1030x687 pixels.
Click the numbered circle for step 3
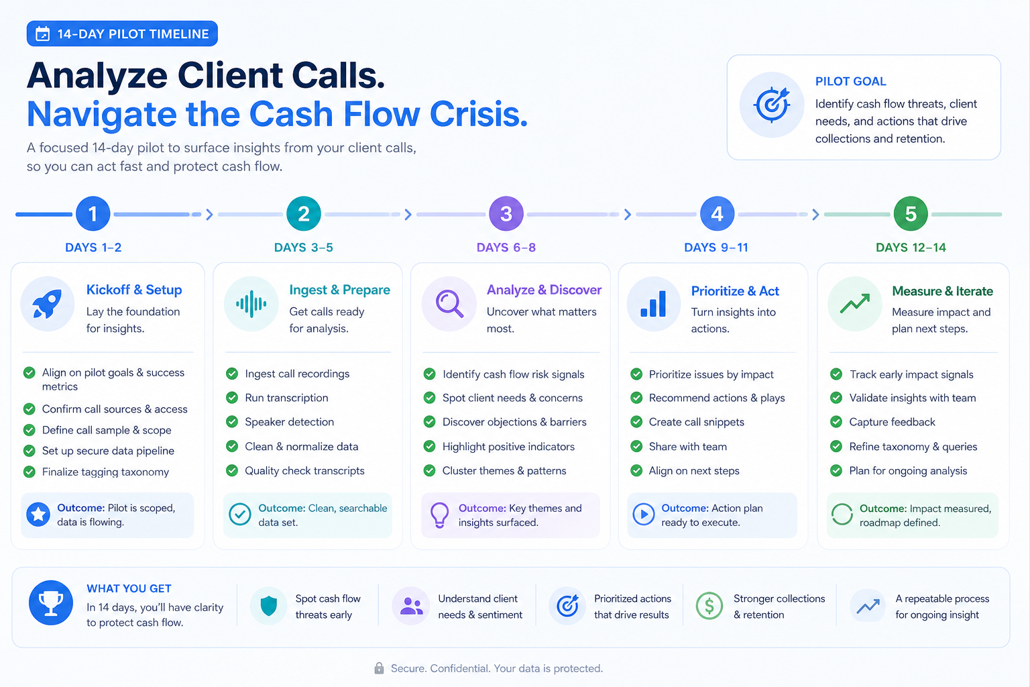[506, 213]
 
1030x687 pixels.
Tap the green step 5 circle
[911, 213]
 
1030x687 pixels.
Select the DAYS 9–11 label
[716, 248]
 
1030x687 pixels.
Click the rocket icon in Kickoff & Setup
[47, 304]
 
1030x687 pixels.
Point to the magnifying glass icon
[449, 304]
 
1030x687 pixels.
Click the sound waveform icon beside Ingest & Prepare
[251, 304]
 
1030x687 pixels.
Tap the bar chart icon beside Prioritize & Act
[653, 304]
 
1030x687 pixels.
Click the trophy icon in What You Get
[50, 602]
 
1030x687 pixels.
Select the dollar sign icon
[709, 606]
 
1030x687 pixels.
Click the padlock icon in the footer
[379, 668]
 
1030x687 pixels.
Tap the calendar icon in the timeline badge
[43, 34]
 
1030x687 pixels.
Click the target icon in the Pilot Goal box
[772, 105]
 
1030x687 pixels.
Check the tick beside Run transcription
[232, 398]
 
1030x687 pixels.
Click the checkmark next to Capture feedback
[836, 422]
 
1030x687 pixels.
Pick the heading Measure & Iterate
[942, 290]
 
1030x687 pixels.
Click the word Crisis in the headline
[478, 113]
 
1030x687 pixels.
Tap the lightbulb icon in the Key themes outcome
[439, 515]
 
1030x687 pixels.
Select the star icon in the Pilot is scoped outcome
[38, 515]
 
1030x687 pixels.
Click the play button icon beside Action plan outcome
[644, 514]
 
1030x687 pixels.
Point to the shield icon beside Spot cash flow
[268, 606]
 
